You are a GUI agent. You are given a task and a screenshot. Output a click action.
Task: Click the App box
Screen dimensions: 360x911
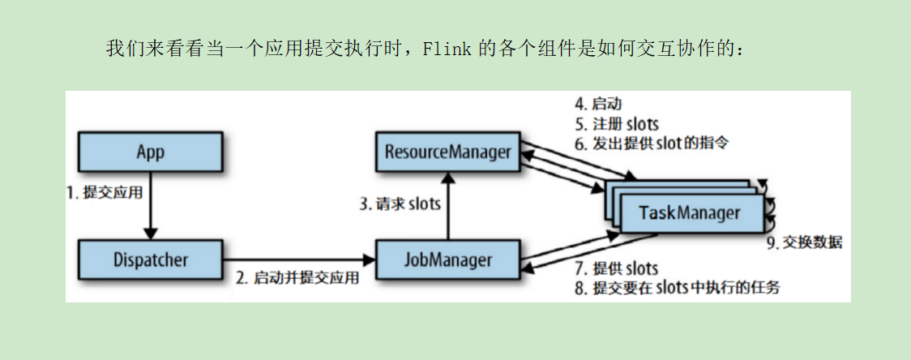point(150,152)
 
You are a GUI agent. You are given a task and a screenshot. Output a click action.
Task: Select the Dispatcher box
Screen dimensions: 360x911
point(150,259)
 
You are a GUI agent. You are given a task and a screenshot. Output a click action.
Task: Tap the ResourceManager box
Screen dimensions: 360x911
point(447,152)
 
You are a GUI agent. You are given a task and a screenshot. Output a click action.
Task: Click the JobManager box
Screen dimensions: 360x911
point(447,259)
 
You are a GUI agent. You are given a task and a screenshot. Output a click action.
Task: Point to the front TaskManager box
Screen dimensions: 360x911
point(690,213)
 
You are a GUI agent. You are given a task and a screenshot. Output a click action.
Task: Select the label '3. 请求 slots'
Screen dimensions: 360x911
point(400,204)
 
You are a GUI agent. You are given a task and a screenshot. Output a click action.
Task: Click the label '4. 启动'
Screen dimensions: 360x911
point(598,105)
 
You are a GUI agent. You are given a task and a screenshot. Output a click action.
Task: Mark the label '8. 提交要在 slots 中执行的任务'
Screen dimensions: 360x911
point(677,288)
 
